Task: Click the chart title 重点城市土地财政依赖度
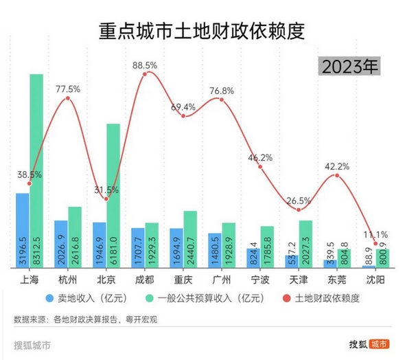[x=202, y=31]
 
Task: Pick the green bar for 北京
[x=113, y=196]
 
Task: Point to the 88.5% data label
[x=144, y=65]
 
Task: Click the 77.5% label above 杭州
[x=68, y=89]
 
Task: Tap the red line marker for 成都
[x=144, y=74]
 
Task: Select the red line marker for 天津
[x=299, y=210]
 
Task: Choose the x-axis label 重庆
[x=183, y=280]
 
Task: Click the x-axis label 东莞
[x=337, y=280]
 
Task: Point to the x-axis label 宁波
[x=260, y=280]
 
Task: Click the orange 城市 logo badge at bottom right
[x=380, y=344]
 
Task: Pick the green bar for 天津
[x=305, y=244]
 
